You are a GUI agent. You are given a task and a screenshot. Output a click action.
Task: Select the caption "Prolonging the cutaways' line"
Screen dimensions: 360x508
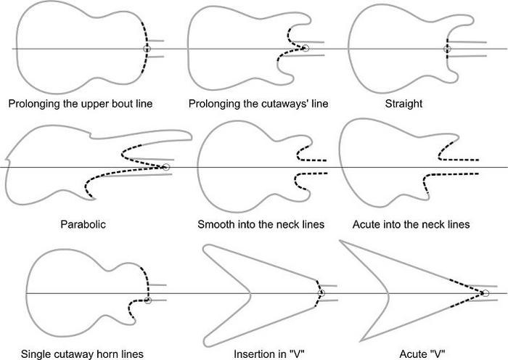pyautogui.click(x=258, y=103)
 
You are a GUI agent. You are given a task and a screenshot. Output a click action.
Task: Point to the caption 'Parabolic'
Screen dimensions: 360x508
pyautogui.click(x=83, y=224)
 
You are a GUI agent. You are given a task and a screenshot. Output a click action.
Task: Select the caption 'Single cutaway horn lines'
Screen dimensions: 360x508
pyautogui.click(x=82, y=353)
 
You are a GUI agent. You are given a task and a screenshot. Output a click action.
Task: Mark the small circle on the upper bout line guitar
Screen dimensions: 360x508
pyautogui.click(x=147, y=49)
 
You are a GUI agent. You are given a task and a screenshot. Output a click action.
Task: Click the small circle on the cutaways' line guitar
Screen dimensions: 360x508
pyautogui.click(x=305, y=48)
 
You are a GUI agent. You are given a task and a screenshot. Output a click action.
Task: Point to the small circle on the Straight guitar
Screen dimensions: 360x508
pyautogui.click(x=447, y=49)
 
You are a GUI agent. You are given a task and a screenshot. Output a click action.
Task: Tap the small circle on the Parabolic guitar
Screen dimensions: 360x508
pyautogui.click(x=166, y=168)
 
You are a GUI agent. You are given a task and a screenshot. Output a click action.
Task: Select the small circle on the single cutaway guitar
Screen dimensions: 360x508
pyautogui.click(x=147, y=300)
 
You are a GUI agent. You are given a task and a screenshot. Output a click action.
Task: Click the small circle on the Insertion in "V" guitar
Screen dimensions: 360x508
pyautogui.click(x=321, y=292)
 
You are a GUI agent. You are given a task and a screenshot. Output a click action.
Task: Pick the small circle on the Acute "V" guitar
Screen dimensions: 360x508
pyautogui.click(x=486, y=293)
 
